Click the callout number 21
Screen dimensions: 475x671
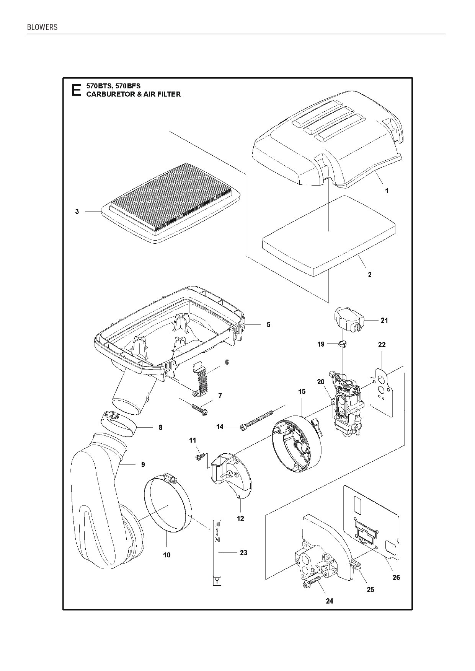click(384, 321)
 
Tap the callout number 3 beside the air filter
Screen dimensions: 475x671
click(77, 211)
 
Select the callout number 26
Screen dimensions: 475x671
click(396, 577)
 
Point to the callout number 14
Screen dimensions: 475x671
click(220, 427)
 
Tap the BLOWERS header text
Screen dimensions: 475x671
click(42, 27)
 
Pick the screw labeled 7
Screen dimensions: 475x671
click(200, 409)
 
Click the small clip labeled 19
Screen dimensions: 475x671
click(343, 344)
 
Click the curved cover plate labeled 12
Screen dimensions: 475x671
click(230, 478)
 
